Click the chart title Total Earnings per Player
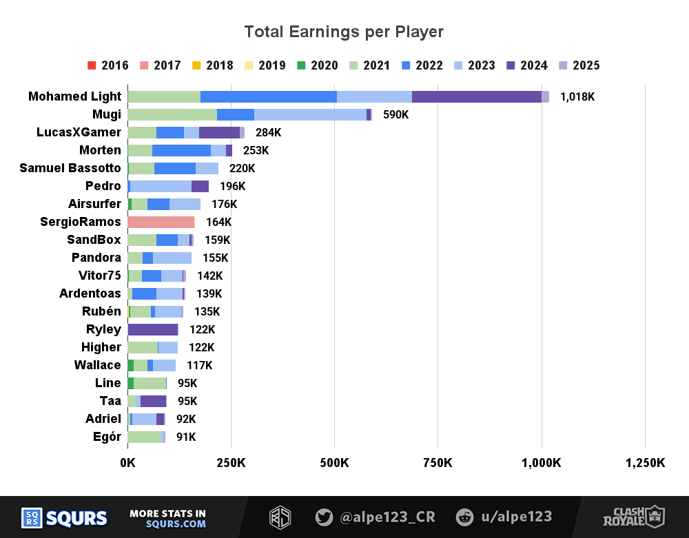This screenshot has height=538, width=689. (x=344, y=32)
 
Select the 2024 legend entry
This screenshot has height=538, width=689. (x=526, y=65)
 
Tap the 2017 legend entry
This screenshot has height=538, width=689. (x=160, y=65)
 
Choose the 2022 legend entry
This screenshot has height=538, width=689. (x=422, y=65)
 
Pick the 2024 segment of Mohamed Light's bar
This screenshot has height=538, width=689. (x=476, y=96)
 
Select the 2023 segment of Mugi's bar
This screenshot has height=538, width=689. (x=310, y=114)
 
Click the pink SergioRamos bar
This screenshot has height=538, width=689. (x=161, y=222)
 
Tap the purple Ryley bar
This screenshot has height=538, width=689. (x=152, y=329)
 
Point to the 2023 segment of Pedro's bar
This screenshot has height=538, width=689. (x=161, y=186)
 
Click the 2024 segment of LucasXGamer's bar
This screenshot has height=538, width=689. (x=219, y=132)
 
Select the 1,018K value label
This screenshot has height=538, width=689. (x=577, y=96)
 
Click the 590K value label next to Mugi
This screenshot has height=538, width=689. (x=395, y=114)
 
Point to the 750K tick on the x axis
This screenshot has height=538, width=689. (x=438, y=463)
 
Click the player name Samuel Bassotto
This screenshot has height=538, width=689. (x=70, y=168)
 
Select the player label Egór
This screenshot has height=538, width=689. (x=106, y=437)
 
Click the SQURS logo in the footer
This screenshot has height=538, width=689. (x=64, y=517)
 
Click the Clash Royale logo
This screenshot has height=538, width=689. (x=633, y=517)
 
